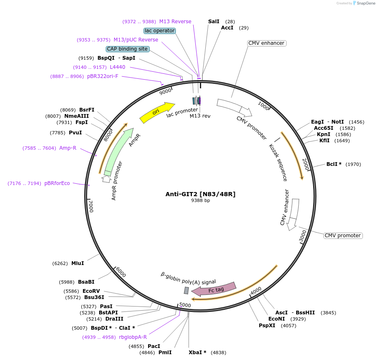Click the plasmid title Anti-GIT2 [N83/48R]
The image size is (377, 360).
200,194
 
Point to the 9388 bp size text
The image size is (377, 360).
200,201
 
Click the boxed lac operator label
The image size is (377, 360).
160,31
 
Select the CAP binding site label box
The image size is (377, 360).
127,49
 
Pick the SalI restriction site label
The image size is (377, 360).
214,21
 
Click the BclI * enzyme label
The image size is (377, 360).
334,164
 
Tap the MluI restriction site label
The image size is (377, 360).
78,263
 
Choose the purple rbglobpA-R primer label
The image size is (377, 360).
133,337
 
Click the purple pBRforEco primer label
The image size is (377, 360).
57,183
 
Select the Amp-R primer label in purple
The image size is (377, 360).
68,148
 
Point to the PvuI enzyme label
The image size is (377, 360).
75,133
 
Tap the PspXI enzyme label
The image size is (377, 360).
267,326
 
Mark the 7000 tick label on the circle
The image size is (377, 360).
91,205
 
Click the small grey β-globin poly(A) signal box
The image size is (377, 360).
187,290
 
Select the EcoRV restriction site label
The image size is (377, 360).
91,291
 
